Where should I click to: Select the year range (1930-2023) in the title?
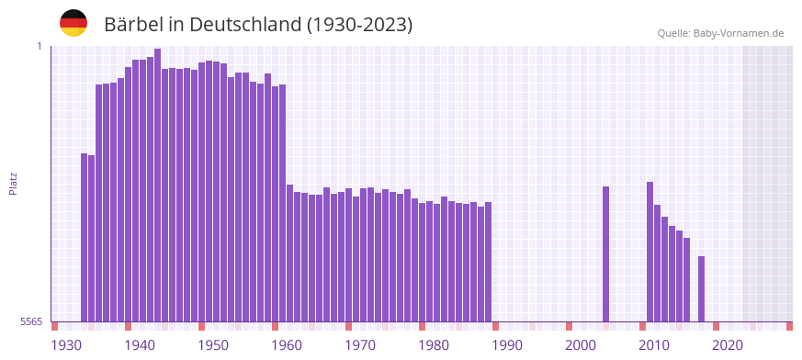coord(357,25)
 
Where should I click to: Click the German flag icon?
coord(73,23)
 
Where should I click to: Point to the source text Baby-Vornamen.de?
coord(739,33)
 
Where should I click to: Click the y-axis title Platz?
coord(13,183)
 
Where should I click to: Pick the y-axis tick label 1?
coord(40,46)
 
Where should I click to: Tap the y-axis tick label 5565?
coord(30,321)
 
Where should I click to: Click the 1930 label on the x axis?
coord(66,345)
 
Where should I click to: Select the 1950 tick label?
coord(213,345)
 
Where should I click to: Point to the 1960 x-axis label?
coord(287,345)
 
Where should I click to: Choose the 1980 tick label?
coord(434,345)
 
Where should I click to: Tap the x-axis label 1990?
coord(507,345)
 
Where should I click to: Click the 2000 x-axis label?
coord(581,345)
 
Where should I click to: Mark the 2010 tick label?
coord(654,345)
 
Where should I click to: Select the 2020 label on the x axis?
coord(728,345)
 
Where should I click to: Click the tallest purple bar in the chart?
coord(158,184)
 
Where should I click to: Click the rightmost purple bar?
coord(702,288)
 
